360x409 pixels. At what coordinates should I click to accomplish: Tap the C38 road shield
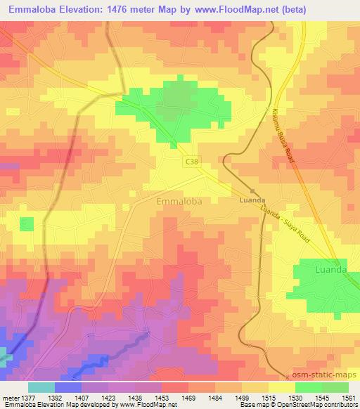pos(192,162)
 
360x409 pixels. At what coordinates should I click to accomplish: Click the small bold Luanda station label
pos(252,200)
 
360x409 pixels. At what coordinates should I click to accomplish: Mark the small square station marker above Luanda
pos(252,190)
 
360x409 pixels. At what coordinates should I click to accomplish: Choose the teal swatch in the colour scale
pos(41,387)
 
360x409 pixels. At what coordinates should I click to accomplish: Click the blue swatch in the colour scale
pos(68,387)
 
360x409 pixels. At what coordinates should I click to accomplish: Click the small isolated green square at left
pos(27,224)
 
